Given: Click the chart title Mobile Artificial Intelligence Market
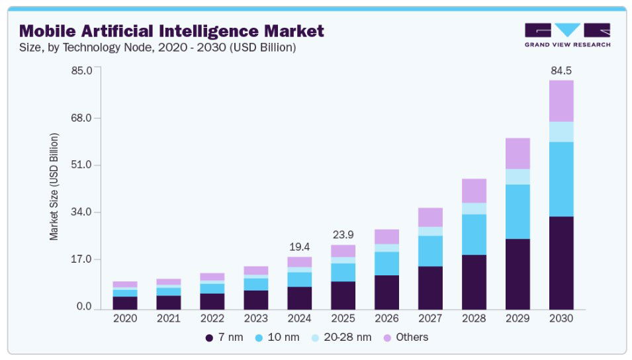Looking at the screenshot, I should coord(172,30).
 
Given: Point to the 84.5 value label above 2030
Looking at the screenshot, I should coord(561,70).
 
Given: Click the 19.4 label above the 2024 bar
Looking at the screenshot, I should coord(299,247).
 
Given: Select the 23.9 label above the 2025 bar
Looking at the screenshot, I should coord(343,234).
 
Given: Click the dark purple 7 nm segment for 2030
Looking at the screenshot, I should coord(561,262).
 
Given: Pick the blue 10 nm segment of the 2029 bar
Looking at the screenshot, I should coord(518,211).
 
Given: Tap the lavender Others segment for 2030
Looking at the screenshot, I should coord(561,101).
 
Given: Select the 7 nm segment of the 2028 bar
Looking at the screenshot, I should coord(474,281).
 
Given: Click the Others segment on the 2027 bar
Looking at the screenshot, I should coord(430,217).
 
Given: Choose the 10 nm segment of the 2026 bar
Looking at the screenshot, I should coord(386,263).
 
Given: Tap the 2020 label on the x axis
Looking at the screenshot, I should coord(125,318).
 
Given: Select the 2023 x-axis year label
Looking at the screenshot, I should coord(255,318).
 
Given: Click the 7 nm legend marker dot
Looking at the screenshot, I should coord(209,337).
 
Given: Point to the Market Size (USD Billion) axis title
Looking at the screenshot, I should coord(54,186).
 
